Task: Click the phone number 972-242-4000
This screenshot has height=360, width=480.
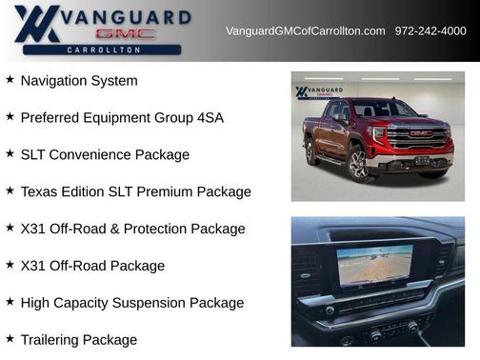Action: [x=430, y=31]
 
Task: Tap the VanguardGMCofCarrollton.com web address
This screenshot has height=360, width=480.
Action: [x=306, y=31]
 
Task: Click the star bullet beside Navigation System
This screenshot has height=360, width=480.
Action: [x=10, y=80]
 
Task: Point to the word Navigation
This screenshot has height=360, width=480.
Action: [x=57, y=81]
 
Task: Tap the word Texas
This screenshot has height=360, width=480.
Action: [x=39, y=192]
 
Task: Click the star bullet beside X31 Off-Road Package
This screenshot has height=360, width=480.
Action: [x=10, y=266]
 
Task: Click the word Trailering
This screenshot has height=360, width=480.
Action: [x=52, y=341]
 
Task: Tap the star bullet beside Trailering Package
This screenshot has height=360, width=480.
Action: [x=10, y=340]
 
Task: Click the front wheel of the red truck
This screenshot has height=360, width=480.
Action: [x=359, y=164]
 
